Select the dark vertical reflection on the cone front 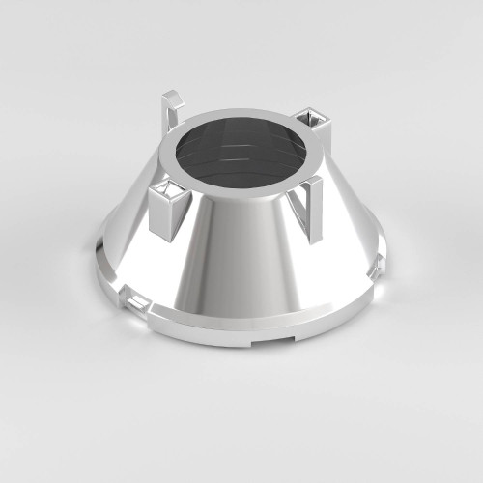(x=224, y=261)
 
